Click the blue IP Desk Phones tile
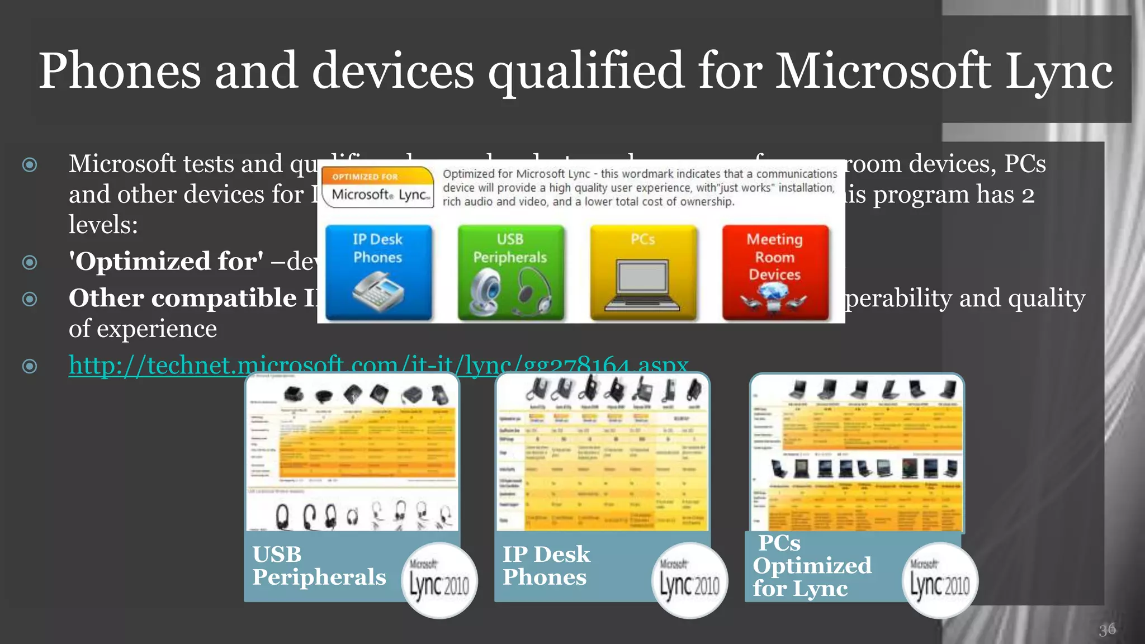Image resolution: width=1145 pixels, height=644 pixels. pos(378,272)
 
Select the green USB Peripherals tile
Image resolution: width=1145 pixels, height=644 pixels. pos(510,272)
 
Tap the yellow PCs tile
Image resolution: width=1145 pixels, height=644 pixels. pos(643,272)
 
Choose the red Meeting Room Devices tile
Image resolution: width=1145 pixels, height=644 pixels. pos(775,272)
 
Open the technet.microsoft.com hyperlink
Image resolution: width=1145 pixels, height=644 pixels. pos(378,366)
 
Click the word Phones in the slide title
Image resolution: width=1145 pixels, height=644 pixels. pos(120,71)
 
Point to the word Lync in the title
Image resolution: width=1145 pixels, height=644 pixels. pos(1058,71)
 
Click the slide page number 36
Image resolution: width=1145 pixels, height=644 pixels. pos(1107,630)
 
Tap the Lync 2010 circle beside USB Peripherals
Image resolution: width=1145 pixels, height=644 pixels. pos(439,580)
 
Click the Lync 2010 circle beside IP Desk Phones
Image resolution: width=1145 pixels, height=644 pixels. pos(690,580)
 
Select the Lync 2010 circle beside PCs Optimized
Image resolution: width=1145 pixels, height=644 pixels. pos(940,580)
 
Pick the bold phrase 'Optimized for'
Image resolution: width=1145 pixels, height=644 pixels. pos(166,262)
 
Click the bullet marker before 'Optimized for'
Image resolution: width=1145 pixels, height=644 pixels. pos(30,262)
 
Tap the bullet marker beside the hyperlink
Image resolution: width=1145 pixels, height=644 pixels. pos(30,366)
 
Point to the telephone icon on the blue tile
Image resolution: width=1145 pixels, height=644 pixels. pos(378,291)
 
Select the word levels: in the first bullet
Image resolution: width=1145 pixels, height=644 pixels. pos(103,225)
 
